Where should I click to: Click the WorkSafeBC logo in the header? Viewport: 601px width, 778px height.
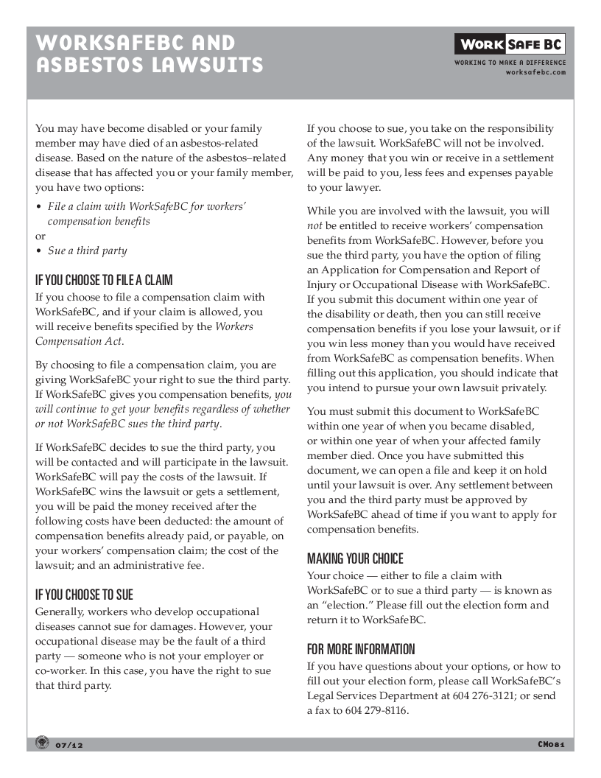(x=510, y=45)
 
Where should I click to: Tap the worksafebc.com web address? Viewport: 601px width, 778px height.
(x=536, y=72)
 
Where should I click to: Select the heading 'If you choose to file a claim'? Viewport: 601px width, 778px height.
(x=104, y=280)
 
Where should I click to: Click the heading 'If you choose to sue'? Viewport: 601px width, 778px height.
(x=84, y=595)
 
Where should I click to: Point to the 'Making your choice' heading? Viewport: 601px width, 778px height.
(x=355, y=558)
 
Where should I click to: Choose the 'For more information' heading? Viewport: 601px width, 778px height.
(x=361, y=649)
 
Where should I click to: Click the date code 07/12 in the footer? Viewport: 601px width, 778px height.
(x=70, y=746)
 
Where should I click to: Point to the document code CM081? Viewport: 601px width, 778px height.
(x=551, y=744)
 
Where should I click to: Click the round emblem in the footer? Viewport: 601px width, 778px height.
(x=42, y=743)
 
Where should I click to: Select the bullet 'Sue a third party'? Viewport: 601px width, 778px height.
(x=87, y=250)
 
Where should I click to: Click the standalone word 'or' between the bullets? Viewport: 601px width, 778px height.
(x=41, y=236)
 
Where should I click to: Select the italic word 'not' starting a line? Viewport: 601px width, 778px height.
(x=314, y=225)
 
